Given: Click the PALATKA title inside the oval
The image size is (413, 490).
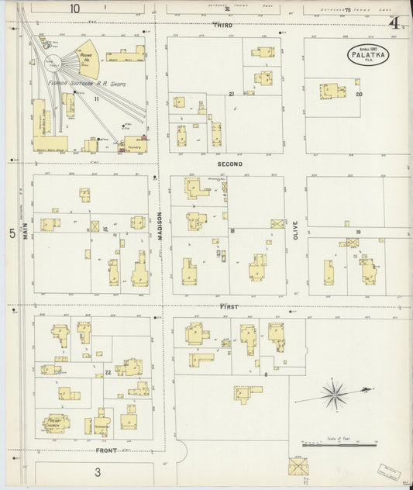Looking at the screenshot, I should tap(367, 54).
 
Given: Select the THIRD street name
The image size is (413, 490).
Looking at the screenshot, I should tap(224, 26).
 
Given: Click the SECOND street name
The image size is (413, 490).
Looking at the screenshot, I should tap(229, 164).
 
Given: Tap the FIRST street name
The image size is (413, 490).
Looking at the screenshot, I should tap(229, 307).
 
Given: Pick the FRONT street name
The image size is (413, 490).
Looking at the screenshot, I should tap(106, 450).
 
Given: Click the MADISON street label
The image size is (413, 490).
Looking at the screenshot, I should tap(161, 225).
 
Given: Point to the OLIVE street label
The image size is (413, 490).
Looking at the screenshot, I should tap(295, 229).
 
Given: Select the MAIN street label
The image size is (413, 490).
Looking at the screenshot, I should tap(25, 230).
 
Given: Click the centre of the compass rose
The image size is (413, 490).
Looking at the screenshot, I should tap(334, 395).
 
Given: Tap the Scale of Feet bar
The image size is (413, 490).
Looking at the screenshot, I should tap(339, 445).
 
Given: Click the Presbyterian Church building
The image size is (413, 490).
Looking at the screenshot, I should tap(55, 423).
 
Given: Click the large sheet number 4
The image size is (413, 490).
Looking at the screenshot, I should tap(395, 23).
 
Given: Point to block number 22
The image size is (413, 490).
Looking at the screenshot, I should tap(108, 373).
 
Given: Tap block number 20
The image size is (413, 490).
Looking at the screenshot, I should tap(358, 95).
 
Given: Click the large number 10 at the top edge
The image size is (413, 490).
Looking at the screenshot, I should tap(74, 9).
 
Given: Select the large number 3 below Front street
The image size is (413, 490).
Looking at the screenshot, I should tap(98, 471).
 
